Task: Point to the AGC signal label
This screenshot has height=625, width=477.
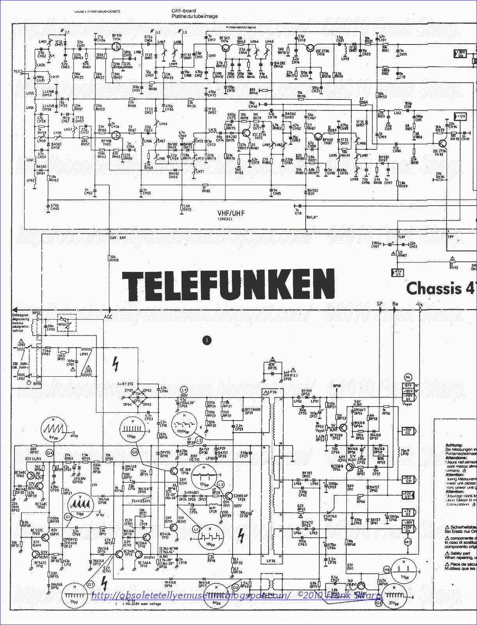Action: pos(109,317)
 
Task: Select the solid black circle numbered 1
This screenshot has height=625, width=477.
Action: pos(206,340)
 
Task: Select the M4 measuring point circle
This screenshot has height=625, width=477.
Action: pos(408,377)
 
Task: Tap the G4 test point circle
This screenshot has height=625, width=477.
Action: pos(50,453)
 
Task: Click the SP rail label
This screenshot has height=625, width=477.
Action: pos(379,304)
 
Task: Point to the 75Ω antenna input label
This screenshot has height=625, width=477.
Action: pos(16,72)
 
